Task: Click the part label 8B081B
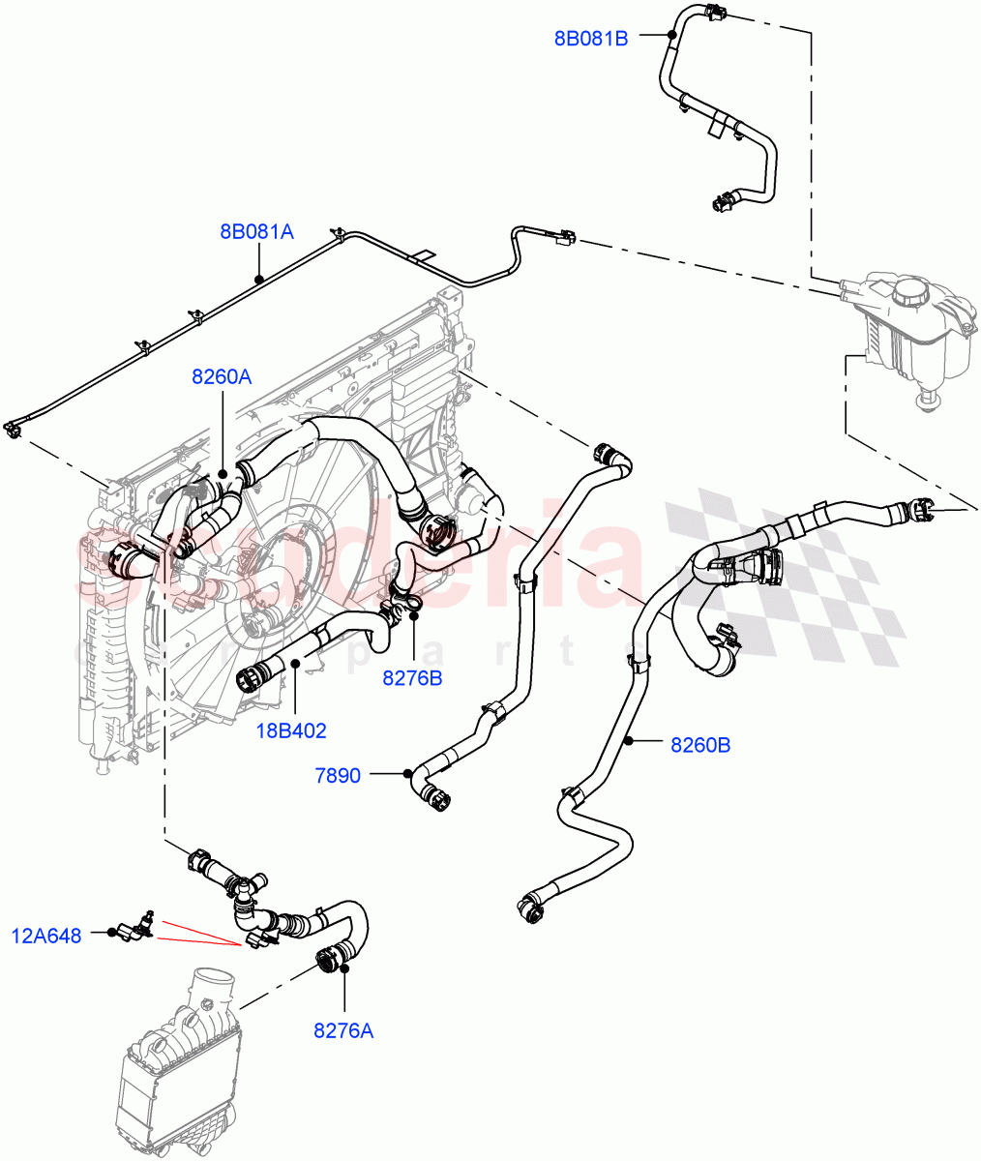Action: coord(591,39)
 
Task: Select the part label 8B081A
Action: coord(256,232)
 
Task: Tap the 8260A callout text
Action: coord(222,377)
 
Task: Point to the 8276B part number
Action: coord(412,678)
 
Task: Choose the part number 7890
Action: coord(338,775)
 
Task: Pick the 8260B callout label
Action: coord(700,745)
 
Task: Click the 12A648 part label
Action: coord(47,935)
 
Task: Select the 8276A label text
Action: coord(342,1030)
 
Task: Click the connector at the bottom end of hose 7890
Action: coord(436,800)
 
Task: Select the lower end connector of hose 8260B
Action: coord(530,908)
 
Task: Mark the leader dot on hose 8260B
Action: coord(628,742)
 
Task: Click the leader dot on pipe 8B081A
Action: coord(259,279)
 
